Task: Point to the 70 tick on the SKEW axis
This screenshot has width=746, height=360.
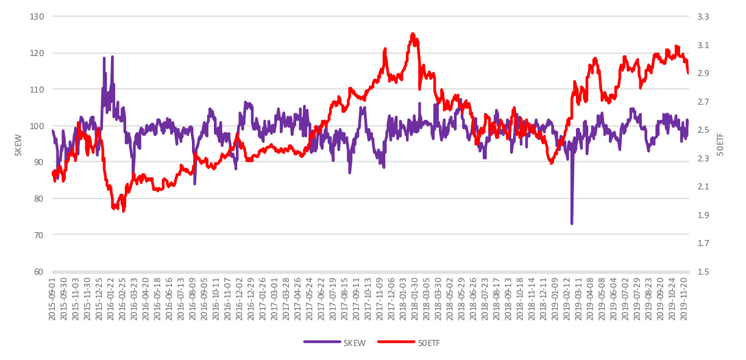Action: tap(38, 235)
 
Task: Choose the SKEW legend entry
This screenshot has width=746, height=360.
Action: tap(335, 343)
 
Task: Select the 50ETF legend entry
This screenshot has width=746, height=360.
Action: tap(409, 343)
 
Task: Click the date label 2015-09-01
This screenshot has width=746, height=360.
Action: tap(54, 298)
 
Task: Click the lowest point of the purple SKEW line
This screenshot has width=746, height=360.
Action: tap(572, 224)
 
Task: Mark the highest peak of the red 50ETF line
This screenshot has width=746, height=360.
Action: tap(413, 34)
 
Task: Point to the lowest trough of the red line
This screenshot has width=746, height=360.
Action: tap(124, 211)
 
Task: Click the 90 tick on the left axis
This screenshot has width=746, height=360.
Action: tap(38, 162)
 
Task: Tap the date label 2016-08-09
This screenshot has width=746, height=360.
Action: tap(192, 298)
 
